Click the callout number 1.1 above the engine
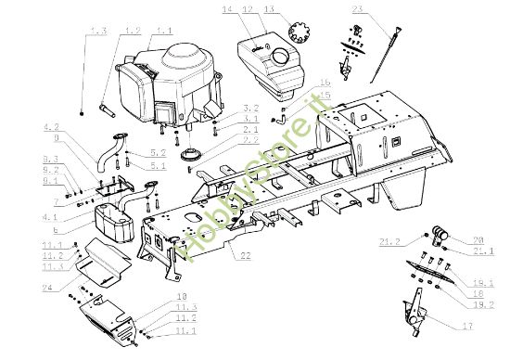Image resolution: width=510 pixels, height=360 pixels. pyautogui.click(x=164, y=31)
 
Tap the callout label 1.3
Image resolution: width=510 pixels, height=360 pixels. pyautogui.click(x=98, y=31)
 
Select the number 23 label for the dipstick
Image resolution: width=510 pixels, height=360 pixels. pyautogui.click(x=359, y=8)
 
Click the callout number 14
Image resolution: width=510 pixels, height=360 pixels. pyautogui.click(x=228, y=8)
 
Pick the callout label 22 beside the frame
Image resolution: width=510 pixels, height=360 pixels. pyautogui.click(x=244, y=255)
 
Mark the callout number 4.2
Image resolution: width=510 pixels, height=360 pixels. pyautogui.click(x=51, y=126)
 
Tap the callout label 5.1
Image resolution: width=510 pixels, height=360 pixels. pyautogui.click(x=157, y=166)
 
